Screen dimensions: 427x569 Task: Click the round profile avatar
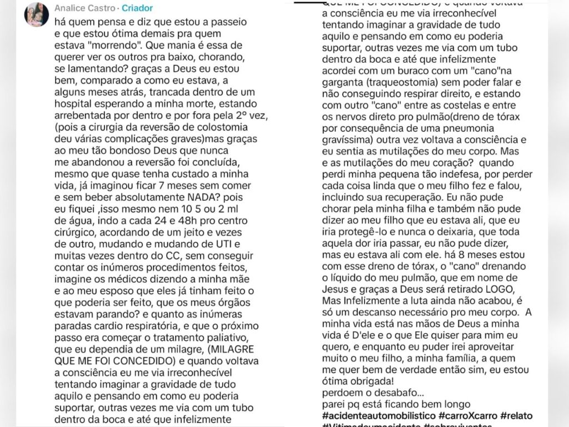coord(36,14)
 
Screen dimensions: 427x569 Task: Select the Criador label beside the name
coord(137,9)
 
